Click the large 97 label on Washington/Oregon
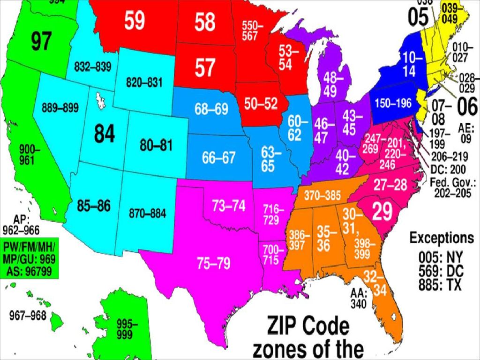tap(41, 42)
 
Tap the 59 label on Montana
tap(135, 21)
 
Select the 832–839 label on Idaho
tap(92, 67)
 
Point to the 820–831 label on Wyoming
tap(144, 82)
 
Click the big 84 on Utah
tap(104, 134)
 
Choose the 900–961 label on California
tap(30, 155)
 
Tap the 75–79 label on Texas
tap(213, 264)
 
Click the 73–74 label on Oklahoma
tap(229, 205)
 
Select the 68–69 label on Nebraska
tap(211, 109)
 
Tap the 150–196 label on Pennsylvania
tap(392, 104)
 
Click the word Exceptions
tap(442, 238)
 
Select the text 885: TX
tap(440, 285)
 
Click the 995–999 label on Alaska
tap(127, 328)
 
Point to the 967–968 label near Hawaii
tap(28, 315)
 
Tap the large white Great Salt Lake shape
tap(100, 100)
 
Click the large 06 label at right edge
tap(467, 107)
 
